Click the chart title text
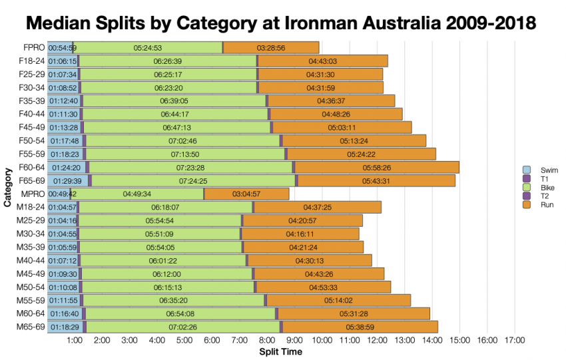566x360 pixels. coord(282,23)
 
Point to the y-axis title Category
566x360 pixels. coord(7,187)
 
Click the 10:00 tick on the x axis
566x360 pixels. coord(322,341)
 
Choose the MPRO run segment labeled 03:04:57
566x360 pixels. coord(246,194)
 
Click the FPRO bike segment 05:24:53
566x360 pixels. coord(148,48)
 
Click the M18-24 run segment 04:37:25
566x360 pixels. coord(317,207)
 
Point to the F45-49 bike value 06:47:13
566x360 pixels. coord(176,127)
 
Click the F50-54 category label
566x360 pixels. coord(31,140)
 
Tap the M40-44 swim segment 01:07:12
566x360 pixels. coord(63,260)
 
